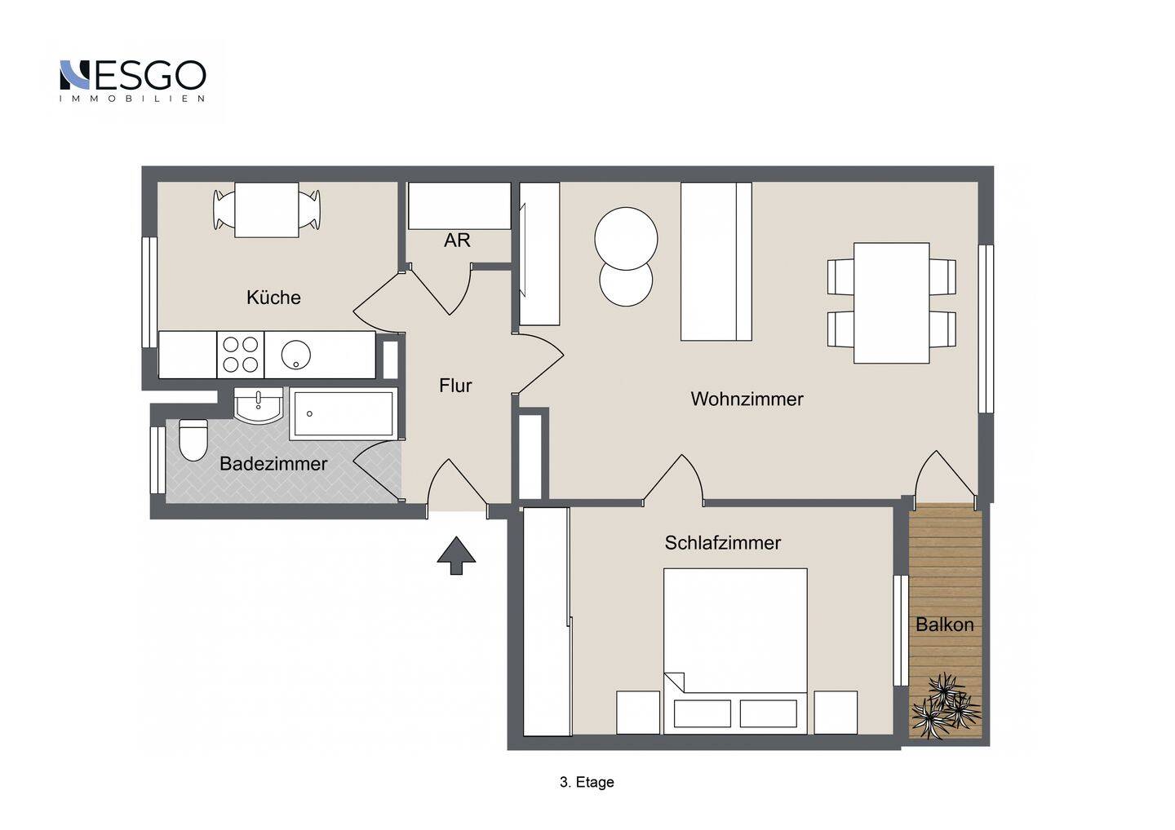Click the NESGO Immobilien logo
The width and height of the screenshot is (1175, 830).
[133, 81]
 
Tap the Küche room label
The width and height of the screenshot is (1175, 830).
[273, 298]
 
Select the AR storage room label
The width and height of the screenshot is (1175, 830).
[457, 241]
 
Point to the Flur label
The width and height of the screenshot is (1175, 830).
[455, 386]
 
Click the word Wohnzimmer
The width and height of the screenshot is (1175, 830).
[747, 400]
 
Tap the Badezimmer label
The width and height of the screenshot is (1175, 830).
[273, 464]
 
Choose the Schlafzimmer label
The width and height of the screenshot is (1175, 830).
[722, 543]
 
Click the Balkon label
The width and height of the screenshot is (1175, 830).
[945, 625]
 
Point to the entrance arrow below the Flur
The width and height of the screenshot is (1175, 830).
[456, 556]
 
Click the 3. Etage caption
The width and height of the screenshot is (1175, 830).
[587, 783]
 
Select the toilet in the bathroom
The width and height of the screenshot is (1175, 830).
[193, 439]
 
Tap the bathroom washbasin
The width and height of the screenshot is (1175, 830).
[258, 405]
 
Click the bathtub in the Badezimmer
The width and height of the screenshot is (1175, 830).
[344, 413]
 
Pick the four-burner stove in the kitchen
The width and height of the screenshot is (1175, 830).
[240, 354]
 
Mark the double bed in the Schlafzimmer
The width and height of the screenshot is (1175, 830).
[735, 651]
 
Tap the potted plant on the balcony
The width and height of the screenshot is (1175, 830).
[946, 706]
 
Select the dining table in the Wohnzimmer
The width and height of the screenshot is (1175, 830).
[891, 302]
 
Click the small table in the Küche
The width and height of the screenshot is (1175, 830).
[267, 210]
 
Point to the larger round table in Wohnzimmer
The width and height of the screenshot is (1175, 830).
[626, 239]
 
